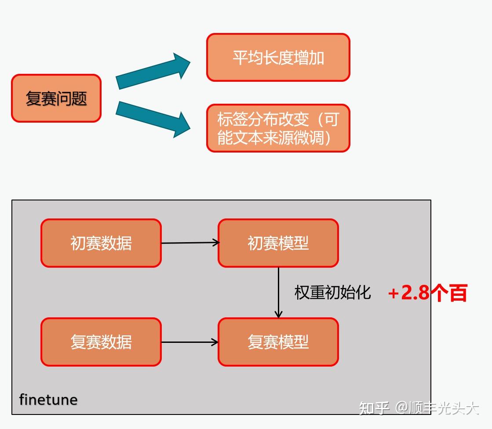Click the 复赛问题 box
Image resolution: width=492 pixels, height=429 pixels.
pyautogui.click(x=56, y=98)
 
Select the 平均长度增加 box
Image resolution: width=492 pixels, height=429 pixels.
pyautogui.click(x=278, y=58)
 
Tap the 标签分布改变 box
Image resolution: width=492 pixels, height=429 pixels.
pyautogui.click(x=278, y=128)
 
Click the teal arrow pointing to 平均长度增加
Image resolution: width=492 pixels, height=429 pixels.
pyautogui.click(x=153, y=71)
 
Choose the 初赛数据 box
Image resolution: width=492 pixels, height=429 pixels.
pyautogui.click(x=101, y=243)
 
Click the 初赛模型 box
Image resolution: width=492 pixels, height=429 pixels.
pyautogui.click(x=278, y=243)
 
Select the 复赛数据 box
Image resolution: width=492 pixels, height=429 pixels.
pyautogui.click(x=101, y=342)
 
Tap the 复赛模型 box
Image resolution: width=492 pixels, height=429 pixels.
pyautogui.click(x=278, y=342)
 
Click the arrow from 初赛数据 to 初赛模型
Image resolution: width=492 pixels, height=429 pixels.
pyautogui.click(x=190, y=243)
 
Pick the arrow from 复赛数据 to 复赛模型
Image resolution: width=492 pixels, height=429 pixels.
pyautogui.click(x=190, y=342)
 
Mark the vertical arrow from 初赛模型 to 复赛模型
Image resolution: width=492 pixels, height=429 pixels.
pyautogui.click(x=278, y=292)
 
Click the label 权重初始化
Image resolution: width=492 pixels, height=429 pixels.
pyautogui.click(x=332, y=292)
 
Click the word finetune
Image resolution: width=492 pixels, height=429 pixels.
pyautogui.click(x=48, y=400)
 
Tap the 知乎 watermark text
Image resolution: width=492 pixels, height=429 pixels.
pyautogui.click(x=374, y=408)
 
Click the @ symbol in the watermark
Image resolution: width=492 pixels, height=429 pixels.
pyautogui.click(x=402, y=408)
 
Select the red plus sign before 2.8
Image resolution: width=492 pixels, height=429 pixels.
pyautogui.click(x=393, y=294)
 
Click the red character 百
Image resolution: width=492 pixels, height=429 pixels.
pyautogui.click(x=458, y=293)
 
